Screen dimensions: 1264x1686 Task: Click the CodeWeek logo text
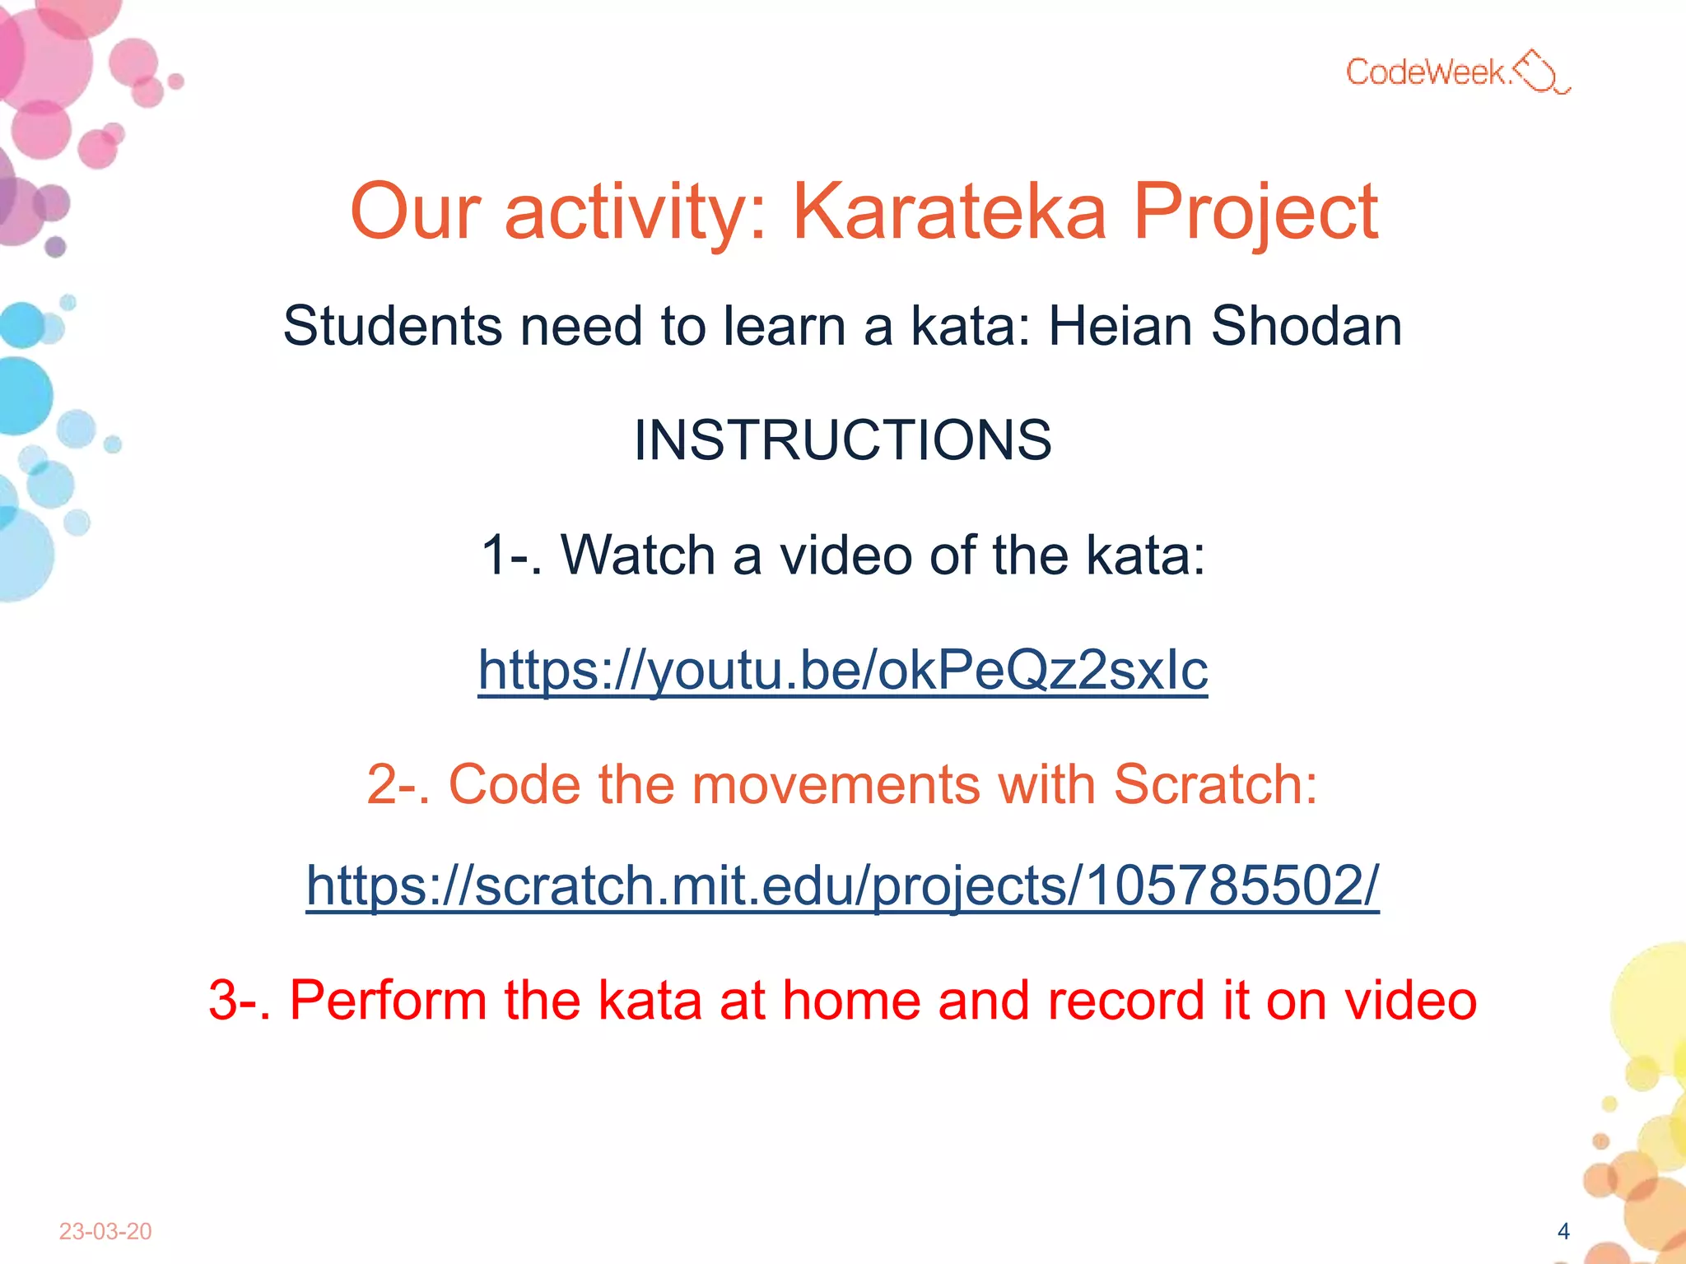coord(1428,72)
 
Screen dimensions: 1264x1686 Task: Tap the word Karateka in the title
coord(949,212)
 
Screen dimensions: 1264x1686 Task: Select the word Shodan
coord(1306,326)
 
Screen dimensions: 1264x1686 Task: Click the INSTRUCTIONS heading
coord(842,440)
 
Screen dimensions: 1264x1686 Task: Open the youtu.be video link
coord(842,670)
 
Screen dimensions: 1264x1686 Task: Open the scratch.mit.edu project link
coord(842,886)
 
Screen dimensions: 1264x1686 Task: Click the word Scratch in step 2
coord(1215,783)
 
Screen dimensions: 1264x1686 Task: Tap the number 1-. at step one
coord(510,555)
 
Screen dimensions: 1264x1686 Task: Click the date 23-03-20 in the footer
coord(105,1231)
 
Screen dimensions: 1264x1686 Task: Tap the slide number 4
coord(1563,1231)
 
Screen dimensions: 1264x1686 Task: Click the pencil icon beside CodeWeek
coord(1541,72)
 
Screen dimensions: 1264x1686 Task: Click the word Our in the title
coord(415,212)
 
